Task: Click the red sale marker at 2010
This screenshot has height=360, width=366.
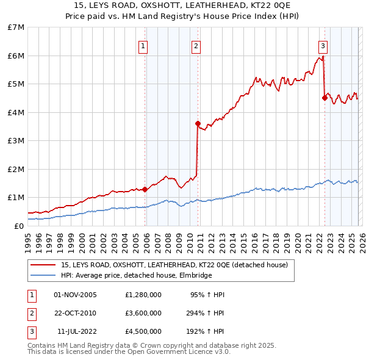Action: pos(198,124)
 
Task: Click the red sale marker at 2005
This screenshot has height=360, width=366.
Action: pos(145,189)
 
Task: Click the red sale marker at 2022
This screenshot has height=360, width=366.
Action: pos(325,98)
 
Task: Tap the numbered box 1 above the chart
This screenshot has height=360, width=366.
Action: pos(143,46)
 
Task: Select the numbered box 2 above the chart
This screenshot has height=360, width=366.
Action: pos(196,46)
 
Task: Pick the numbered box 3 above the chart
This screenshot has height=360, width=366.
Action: pos(323,46)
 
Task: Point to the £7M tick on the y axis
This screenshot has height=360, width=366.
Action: pos(16,27)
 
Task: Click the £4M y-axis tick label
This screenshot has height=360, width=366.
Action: pos(16,112)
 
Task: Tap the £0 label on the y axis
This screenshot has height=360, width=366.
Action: pos(19,226)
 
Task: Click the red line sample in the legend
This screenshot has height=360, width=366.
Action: pos(44,265)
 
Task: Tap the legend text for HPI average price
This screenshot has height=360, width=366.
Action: pos(136,275)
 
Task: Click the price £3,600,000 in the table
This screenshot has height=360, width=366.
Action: pos(143,313)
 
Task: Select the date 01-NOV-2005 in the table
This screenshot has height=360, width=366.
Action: pos(76,295)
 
